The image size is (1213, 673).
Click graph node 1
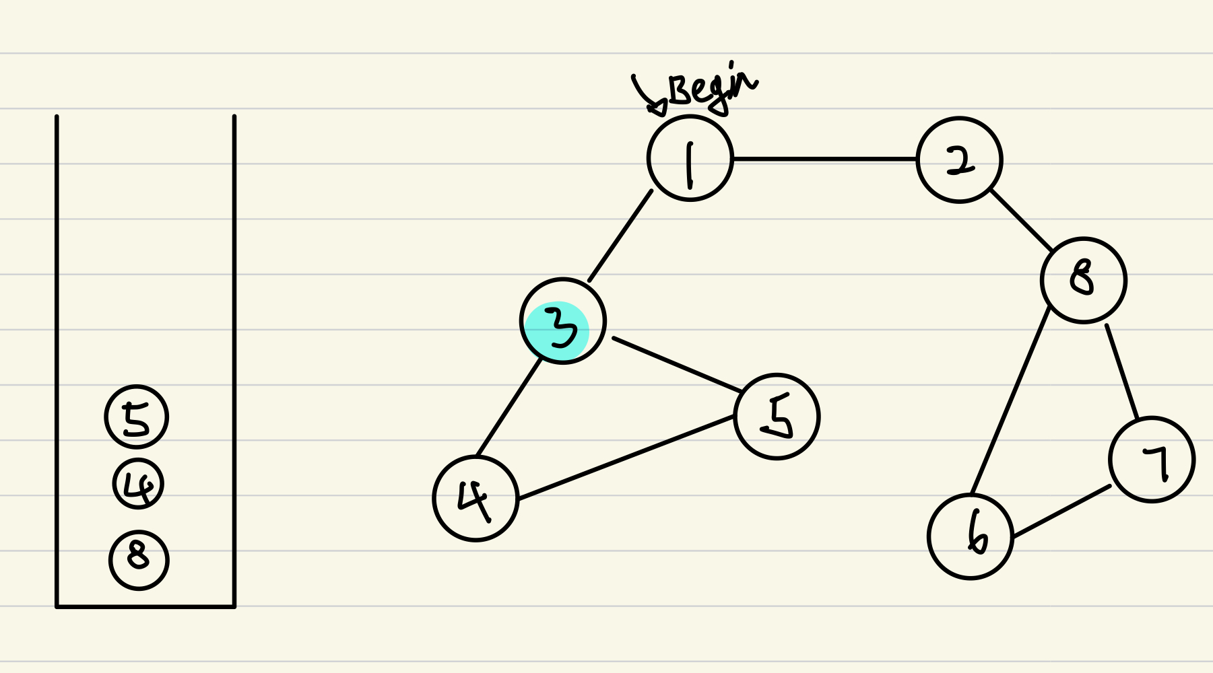(690, 159)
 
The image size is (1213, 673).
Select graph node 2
(959, 160)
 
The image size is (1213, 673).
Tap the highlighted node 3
(563, 322)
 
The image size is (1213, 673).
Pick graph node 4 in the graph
(476, 499)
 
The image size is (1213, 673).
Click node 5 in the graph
(777, 417)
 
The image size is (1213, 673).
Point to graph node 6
(971, 536)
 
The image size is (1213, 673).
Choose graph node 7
(1152, 460)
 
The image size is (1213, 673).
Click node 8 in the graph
(1083, 280)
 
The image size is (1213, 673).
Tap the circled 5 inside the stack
(136, 417)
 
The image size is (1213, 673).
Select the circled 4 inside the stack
(138, 484)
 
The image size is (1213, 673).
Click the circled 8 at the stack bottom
(139, 560)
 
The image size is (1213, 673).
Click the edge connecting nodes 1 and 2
(824, 160)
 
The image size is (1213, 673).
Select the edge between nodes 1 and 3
(620, 236)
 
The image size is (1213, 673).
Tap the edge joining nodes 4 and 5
(626, 458)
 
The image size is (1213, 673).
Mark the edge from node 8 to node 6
(1010, 401)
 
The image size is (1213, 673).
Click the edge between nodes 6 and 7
(1061, 511)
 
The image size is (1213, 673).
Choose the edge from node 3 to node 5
(676, 364)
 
